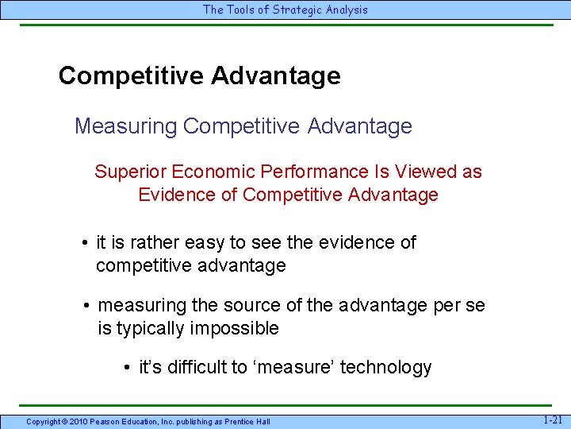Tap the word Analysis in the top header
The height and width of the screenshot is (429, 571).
344,10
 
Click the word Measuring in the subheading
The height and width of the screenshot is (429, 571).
125,126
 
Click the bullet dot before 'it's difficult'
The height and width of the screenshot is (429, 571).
127,368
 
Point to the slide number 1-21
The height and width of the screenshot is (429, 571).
553,419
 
